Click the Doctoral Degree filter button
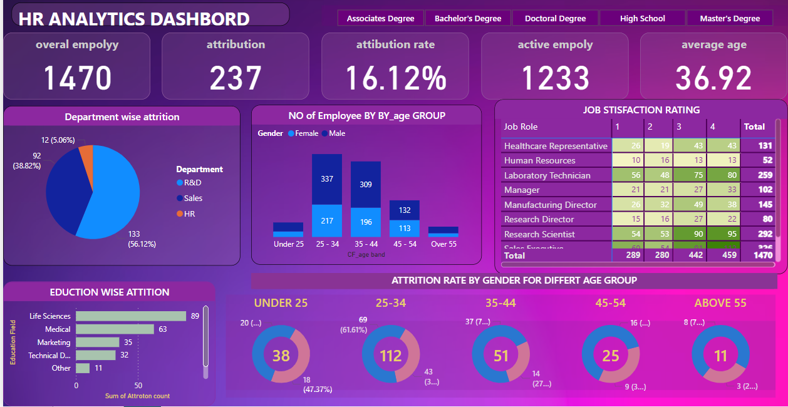pos(555,18)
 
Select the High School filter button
pos(642,18)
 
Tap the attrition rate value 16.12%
pos(395,78)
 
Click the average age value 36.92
pos(713,78)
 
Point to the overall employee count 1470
pos(77,78)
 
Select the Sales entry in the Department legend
pos(193,198)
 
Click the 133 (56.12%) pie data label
pos(142,239)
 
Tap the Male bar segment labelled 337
pos(327,179)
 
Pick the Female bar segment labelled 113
pos(404,229)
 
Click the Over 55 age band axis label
pos(443,244)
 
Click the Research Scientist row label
pos(539,234)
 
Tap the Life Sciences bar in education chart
pos(130,316)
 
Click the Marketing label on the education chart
pos(54,343)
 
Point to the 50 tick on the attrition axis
pos(138,386)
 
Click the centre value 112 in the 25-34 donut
pos(390,356)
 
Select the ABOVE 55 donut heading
pos(720,303)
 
